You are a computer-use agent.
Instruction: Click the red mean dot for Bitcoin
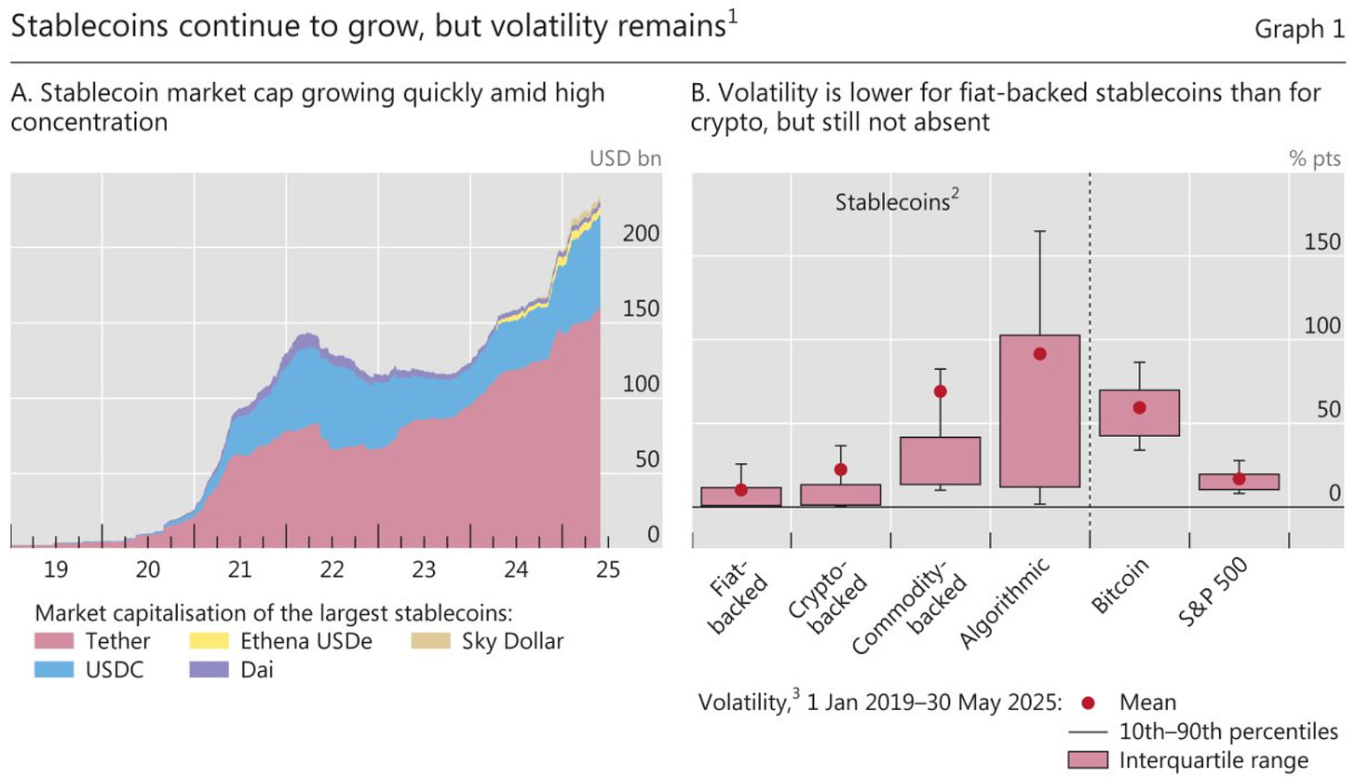pyautogui.click(x=1138, y=407)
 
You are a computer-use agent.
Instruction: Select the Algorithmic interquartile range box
pyautogui.click(x=1039, y=410)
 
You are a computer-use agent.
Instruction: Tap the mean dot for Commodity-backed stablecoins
pyautogui.click(x=940, y=391)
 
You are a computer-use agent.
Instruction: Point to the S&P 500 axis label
pyautogui.click(x=1212, y=586)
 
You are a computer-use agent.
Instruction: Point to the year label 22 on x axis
pyautogui.click(x=331, y=568)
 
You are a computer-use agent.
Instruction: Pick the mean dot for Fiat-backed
pyautogui.click(x=740, y=489)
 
